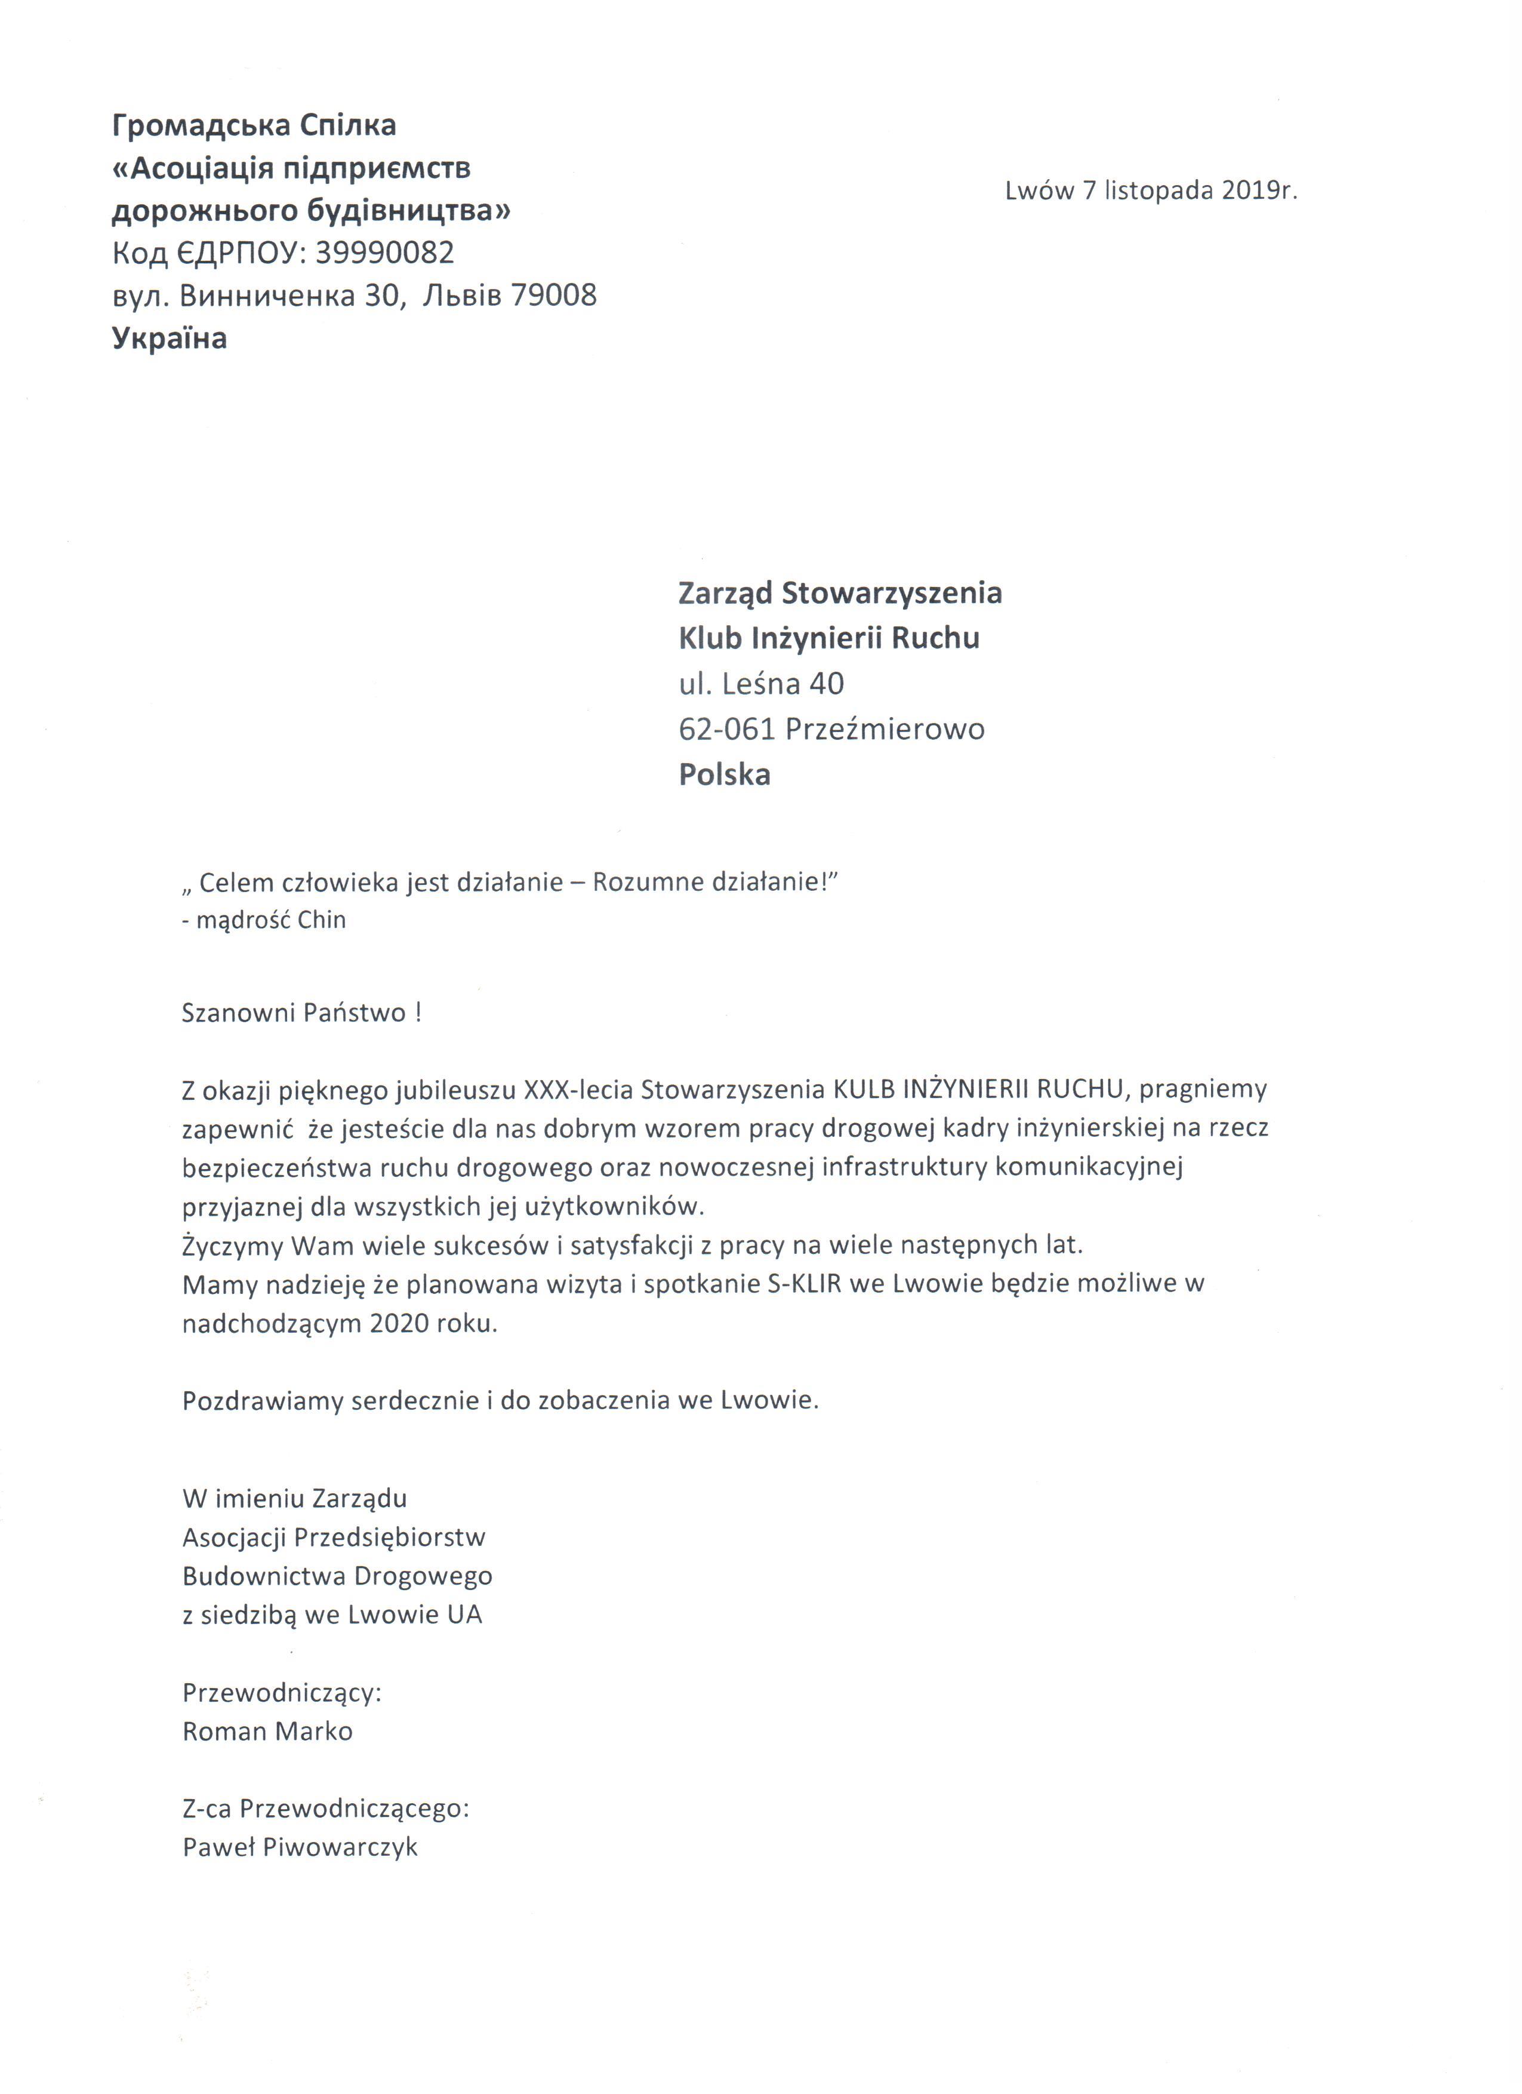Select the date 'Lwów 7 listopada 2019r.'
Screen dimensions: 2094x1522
[1151, 190]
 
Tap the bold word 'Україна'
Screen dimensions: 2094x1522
[169, 338]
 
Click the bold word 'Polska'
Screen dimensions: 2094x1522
[725, 774]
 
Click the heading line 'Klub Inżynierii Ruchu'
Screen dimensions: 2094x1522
[829, 638]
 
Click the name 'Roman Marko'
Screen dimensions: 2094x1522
[267, 1731]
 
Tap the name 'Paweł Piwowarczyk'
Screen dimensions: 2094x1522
[300, 1847]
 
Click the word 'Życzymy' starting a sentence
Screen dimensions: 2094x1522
[233, 1246]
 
